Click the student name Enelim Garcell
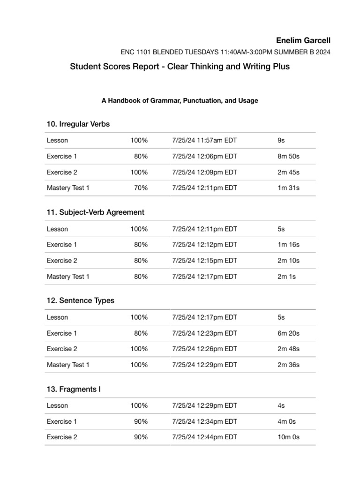click(303, 41)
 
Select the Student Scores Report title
click(180, 67)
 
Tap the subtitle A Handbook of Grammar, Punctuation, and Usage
click(180, 100)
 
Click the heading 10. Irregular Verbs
click(78, 124)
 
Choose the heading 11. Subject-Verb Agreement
click(96, 212)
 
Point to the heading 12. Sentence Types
click(80, 300)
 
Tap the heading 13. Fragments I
click(74, 389)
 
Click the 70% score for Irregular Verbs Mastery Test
click(141, 188)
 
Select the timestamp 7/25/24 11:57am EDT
click(205, 140)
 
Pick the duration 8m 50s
click(289, 156)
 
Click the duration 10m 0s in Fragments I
click(289, 437)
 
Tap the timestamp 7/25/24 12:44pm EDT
click(205, 437)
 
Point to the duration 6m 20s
click(289, 333)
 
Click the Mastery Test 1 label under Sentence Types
click(68, 365)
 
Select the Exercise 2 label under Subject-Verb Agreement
click(62, 261)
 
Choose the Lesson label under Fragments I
click(57, 405)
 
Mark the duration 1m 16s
click(289, 245)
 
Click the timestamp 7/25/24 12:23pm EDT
click(205, 333)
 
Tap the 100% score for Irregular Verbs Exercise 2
click(139, 172)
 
